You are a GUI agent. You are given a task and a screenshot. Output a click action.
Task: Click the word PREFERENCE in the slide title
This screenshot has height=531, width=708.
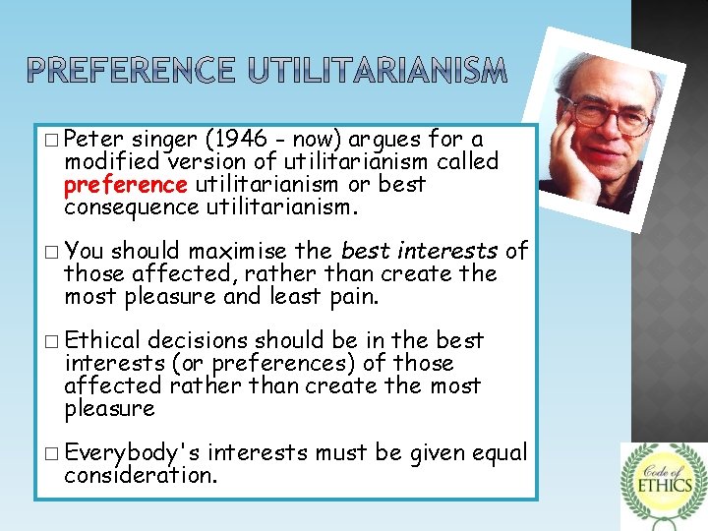tap(132, 71)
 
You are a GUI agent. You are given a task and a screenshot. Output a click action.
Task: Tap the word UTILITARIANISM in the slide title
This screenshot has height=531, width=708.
tap(379, 71)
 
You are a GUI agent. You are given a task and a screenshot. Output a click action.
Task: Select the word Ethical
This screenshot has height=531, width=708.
tap(107, 341)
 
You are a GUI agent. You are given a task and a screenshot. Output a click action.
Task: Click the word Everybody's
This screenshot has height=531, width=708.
tap(133, 452)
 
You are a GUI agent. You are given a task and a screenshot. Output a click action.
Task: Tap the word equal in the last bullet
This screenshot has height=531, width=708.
tap(501, 452)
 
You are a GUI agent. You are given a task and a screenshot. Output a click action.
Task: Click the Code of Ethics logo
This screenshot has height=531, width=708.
tap(663, 484)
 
